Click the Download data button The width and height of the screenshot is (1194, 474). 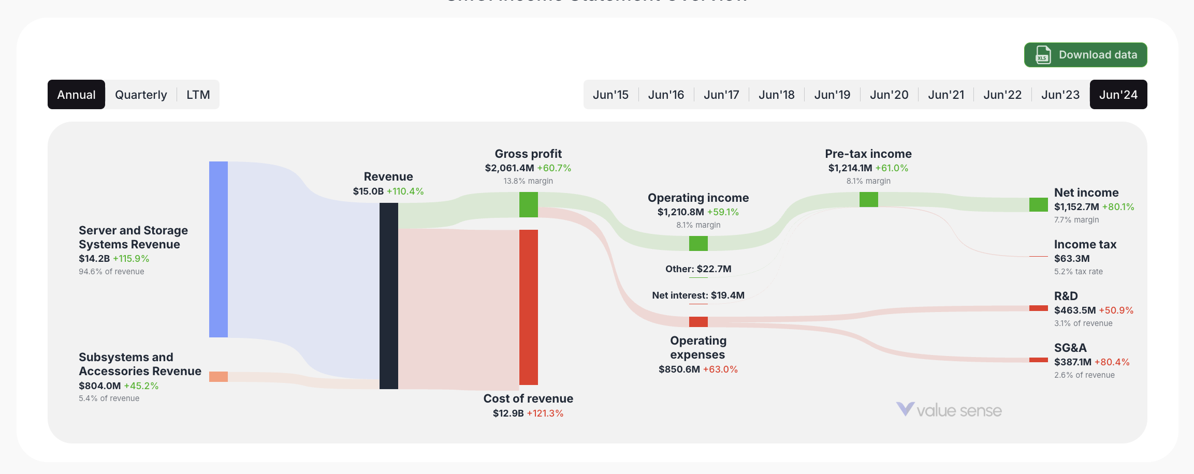click(1085, 55)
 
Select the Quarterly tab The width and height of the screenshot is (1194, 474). click(141, 95)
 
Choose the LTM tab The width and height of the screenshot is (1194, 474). click(198, 95)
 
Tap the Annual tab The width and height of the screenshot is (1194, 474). click(76, 95)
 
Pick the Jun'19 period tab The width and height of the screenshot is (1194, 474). click(832, 95)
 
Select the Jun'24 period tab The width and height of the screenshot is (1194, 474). click(1118, 95)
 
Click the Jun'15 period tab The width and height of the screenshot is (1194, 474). click(610, 95)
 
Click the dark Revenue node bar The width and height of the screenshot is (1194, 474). click(388, 295)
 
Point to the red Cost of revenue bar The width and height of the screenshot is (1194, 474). click(528, 307)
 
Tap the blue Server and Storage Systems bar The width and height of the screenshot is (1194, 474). click(218, 249)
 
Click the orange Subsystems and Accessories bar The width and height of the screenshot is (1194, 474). click(218, 376)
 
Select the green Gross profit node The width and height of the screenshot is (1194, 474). click(528, 204)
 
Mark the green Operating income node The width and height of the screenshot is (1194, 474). click(698, 243)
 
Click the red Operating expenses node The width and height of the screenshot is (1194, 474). click(698, 321)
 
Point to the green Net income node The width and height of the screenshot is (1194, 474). click(1038, 204)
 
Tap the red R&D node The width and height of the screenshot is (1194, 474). click(1038, 308)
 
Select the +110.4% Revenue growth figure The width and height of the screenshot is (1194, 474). click(405, 191)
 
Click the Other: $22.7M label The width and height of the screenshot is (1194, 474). click(698, 269)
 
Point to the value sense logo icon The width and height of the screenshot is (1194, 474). click(905, 409)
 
